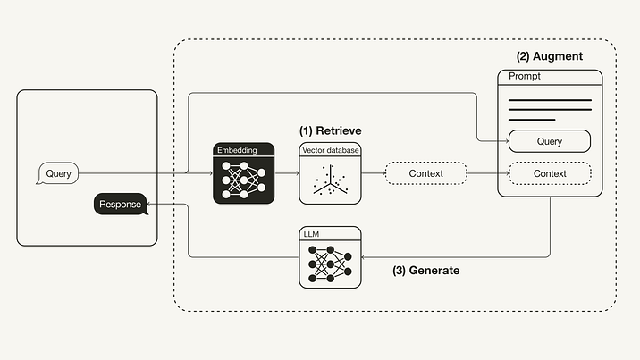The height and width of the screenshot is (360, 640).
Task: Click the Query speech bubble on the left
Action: pos(58,172)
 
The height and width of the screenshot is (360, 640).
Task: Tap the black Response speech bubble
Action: pos(120,205)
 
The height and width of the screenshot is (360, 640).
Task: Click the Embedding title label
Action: pos(237,150)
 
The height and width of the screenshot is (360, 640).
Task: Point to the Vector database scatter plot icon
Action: pos(330,180)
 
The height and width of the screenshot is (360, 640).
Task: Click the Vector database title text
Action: pos(330,150)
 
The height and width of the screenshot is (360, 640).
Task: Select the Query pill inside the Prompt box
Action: pos(549,141)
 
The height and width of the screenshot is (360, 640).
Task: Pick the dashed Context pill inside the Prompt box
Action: pos(549,172)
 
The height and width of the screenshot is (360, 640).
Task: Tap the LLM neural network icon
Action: pos(330,263)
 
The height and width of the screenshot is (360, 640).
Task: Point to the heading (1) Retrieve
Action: pos(330,130)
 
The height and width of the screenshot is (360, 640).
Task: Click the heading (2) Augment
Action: pos(549,56)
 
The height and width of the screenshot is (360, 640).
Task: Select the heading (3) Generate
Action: pos(425,270)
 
